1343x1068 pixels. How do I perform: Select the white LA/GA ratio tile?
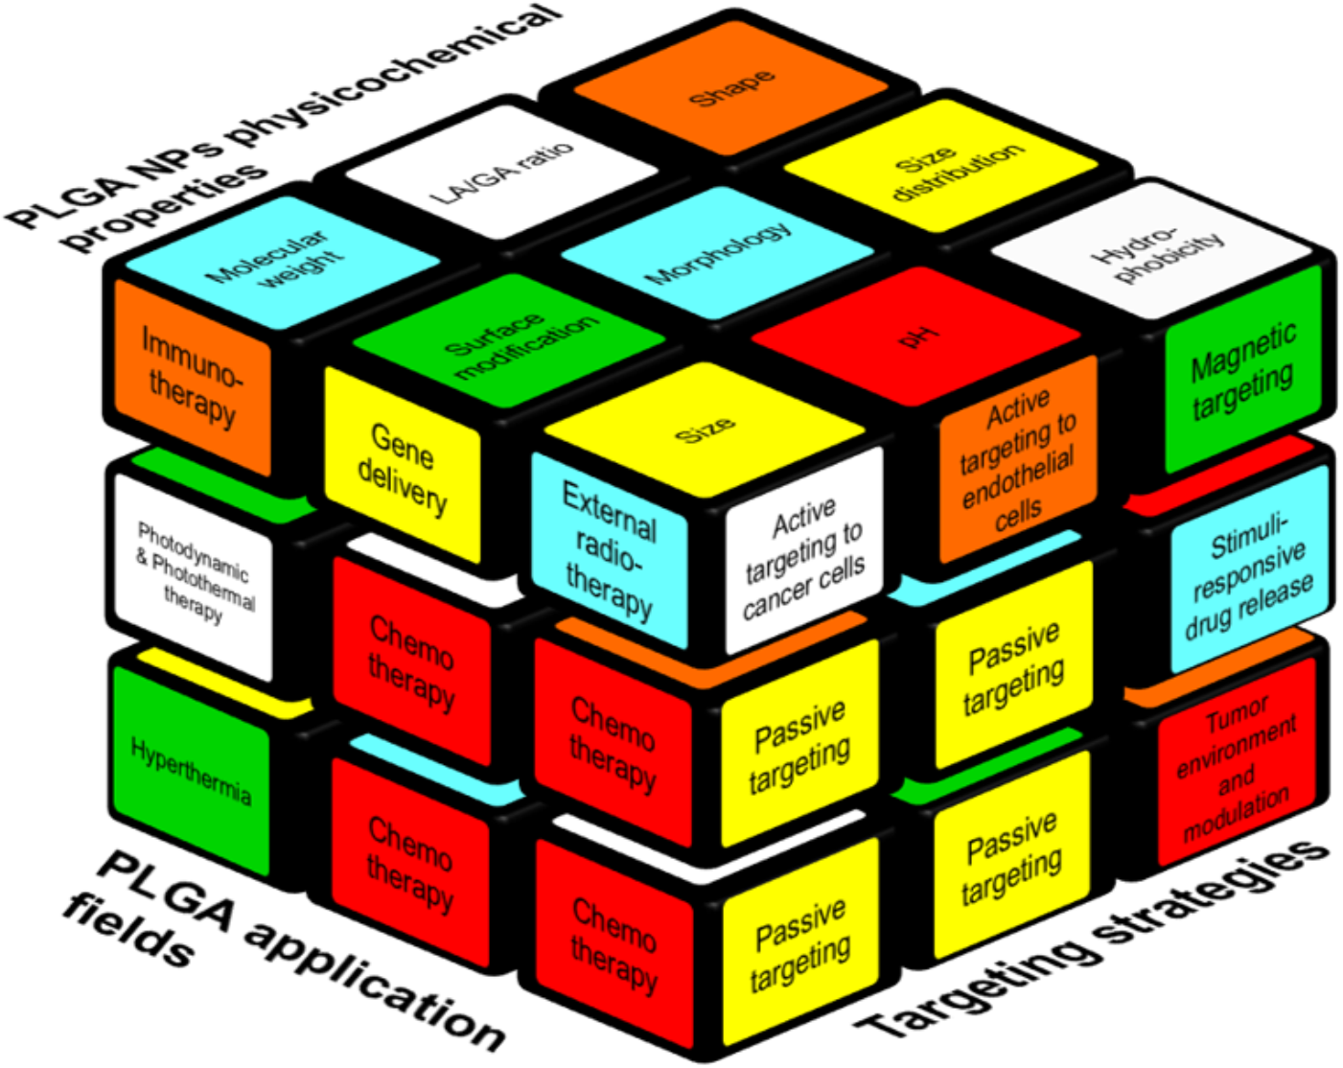click(x=500, y=173)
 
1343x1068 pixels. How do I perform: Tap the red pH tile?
click(x=918, y=336)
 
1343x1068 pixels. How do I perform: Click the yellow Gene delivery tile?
click(x=403, y=467)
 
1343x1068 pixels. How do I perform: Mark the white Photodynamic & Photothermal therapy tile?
click(x=194, y=573)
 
